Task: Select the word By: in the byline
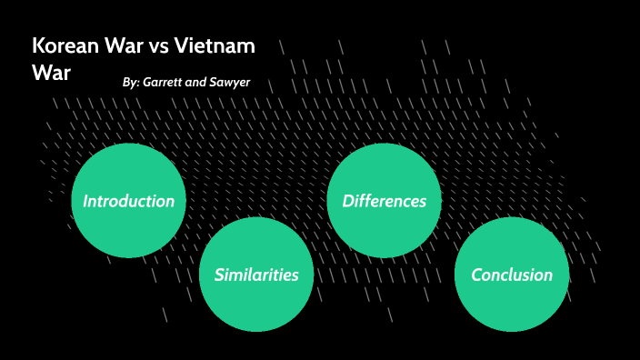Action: tap(131, 83)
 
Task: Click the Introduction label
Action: tap(128, 201)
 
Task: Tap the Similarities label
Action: tap(256, 275)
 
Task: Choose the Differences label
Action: tap(384, 201)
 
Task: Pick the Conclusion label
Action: tap(512, 275)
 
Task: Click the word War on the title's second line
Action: tap(51, 73)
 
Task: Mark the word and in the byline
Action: tap(195, 83)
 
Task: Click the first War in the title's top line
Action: tap(123, 46)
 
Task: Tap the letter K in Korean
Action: tap(38, 46)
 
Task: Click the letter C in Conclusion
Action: tap(476, 275)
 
